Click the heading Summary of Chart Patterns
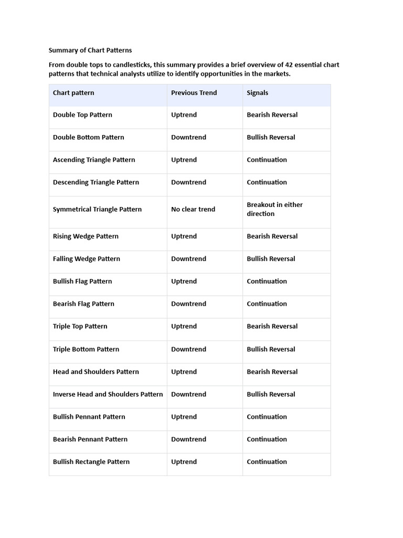pyautogui.click(x=90, y=50)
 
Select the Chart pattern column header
pyautogui.click(x=73, y=93)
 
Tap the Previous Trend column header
pyautogui.click(x=194, y=93)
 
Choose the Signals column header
pyautogui.click(x=257, y=93)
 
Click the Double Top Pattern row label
pyautogui.click(x=82, y=115)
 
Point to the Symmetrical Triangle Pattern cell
pyautogui.click(x=97, y=209)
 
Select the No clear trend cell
pyautogui.click(x=193, y=209)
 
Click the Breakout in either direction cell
pyautogui.click(x=274, y=209)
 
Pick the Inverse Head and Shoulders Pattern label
pyautogui.click(x=108, y=394)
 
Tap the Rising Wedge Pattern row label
pyautogui.click(x=86, y=236)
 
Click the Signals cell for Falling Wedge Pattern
pyautogui.click(x=271, y=259)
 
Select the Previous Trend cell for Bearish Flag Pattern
pyautogui.click(x=188, y=304)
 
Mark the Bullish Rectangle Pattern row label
pyautogui.click(x=91, y=462)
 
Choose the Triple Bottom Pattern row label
pyautogui.click(x=86, y=349)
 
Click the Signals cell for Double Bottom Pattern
pyautogui.click(x=271, y=138)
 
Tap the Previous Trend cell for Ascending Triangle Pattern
pyautogui.click(x=184, y=160)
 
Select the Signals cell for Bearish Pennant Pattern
pyautogui.click(x=267, y=439)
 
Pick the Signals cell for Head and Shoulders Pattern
pyautogui.click(x=272, y=372)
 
